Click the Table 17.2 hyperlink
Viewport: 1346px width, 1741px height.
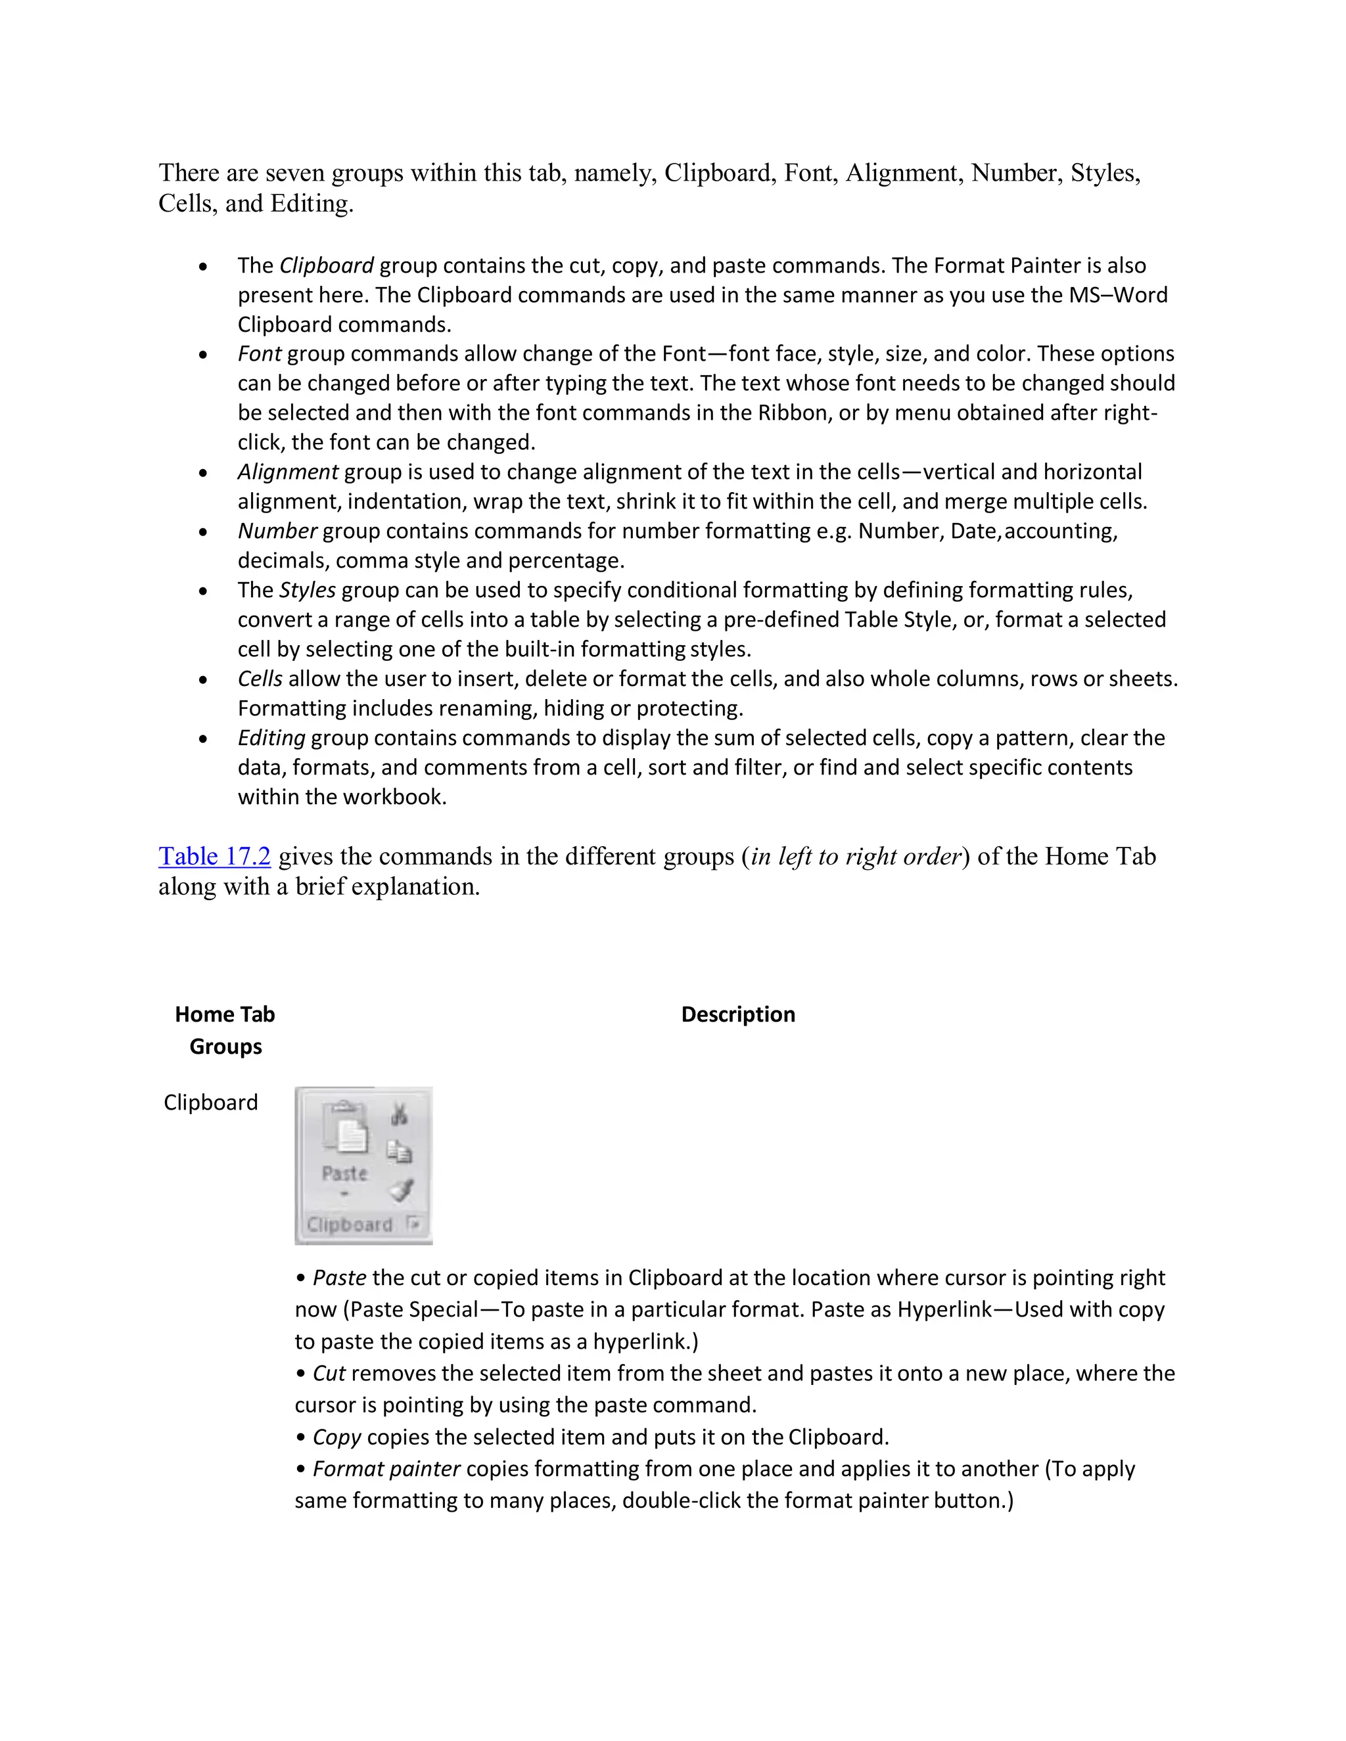(x=214, y=856)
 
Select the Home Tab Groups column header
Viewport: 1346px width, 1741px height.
(x=225, y=1030)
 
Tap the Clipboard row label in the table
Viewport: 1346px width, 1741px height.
(x=210, y=1102)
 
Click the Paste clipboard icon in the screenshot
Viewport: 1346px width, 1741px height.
(x=345, y=1128)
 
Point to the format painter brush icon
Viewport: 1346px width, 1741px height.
(x=401, y=1190)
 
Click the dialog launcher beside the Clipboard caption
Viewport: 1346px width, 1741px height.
(x=413, y=1223)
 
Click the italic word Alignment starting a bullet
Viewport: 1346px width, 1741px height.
(x=288, y=472)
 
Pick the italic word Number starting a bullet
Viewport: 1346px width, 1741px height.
(x=277, y=531)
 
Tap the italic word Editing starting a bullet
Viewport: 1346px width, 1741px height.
(x=271, y=738)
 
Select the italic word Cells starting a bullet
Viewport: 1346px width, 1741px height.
(x=260, y=679)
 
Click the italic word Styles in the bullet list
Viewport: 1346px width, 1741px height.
(x=308, y=590)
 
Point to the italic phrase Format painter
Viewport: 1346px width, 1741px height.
(x=386, y=1469)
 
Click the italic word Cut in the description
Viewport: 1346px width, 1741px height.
(x=329, y=1374)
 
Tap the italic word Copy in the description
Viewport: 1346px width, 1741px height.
(x=336, y=1437)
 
